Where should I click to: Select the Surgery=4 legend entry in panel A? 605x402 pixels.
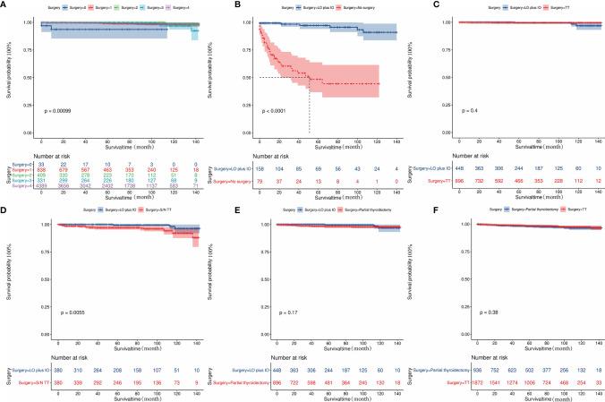[x=175, y=7]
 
